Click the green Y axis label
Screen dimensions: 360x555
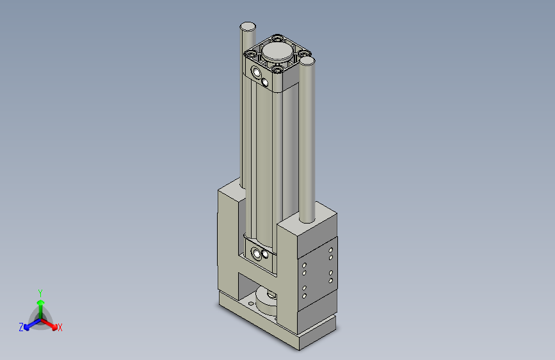pyautogui.click(x=40, y=291)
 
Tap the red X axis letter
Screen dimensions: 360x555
pyautogui.click(x=60, y=328)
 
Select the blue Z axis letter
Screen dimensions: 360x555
pyautogui.click(x=21, y=327)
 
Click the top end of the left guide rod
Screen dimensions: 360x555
pyautogui.click(x=248, y=26)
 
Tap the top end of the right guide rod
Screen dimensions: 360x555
pyautogui.click(x=307, y=61)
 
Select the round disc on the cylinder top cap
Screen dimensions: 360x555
pyautogui.click(x=277, y=51)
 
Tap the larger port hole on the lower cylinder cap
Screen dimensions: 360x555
pyautogui.click(x=257, y=253)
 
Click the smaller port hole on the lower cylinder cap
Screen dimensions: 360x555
pyautogui.click(x=265, y=257)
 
